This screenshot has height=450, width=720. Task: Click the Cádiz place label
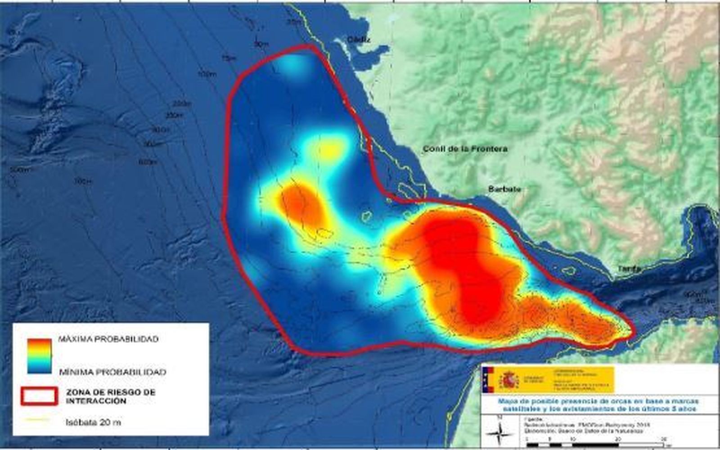pos(358,40)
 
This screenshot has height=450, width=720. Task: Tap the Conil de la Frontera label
pos(465,149)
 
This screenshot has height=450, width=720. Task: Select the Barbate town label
pos(504,189)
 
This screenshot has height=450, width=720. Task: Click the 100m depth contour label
pos(207,74)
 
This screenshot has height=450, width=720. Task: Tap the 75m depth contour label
pos(229,58)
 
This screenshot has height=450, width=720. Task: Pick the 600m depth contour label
pos(148,162)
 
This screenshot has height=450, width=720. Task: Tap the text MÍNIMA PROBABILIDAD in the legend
pos(112,372)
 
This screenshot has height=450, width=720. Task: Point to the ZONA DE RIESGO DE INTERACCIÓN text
pos(110,396)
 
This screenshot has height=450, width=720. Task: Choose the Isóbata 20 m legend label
pos(93,423)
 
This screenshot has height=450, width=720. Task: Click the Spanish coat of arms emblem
pos(510,380)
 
